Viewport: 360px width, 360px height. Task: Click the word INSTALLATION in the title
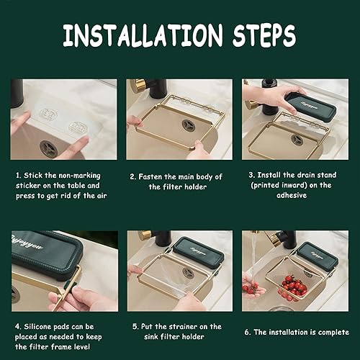pos(143,35)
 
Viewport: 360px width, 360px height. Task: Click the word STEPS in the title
pos(264,35)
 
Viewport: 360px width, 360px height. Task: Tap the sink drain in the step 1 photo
pos(48,148)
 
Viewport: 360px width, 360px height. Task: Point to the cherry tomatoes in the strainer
pos(294,287)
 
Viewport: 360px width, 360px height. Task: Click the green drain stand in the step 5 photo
pos(199,253)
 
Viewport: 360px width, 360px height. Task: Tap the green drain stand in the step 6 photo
pos(318,256)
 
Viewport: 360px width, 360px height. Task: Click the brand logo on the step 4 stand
pos(27,243)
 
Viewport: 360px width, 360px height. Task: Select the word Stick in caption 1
pos(33,176)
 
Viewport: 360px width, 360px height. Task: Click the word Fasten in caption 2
pos(150,177)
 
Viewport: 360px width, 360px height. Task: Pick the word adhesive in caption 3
pos(292,195)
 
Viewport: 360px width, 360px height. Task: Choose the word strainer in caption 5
pos(184,327)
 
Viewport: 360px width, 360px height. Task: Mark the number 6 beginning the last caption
pos(247,333)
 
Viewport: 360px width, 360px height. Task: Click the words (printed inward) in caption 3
pos(279,185)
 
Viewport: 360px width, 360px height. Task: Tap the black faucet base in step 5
pos(163,238)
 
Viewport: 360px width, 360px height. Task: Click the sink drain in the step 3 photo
pos(297,140)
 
